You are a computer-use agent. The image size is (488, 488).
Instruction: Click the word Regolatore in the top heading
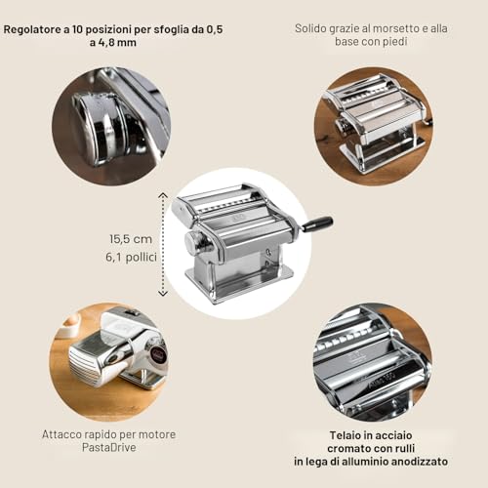32,30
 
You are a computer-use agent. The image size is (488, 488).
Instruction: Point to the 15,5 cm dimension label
131,239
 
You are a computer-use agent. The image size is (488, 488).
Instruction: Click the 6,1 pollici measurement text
131,257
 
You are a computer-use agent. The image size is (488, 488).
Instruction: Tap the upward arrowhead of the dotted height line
163,195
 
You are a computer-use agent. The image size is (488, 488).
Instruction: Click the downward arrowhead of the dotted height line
163,293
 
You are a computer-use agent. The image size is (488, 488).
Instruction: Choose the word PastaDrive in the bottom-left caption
109,447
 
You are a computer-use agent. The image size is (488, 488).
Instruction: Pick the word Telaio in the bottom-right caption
344,435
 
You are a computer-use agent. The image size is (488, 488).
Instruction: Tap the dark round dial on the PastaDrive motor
158,353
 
